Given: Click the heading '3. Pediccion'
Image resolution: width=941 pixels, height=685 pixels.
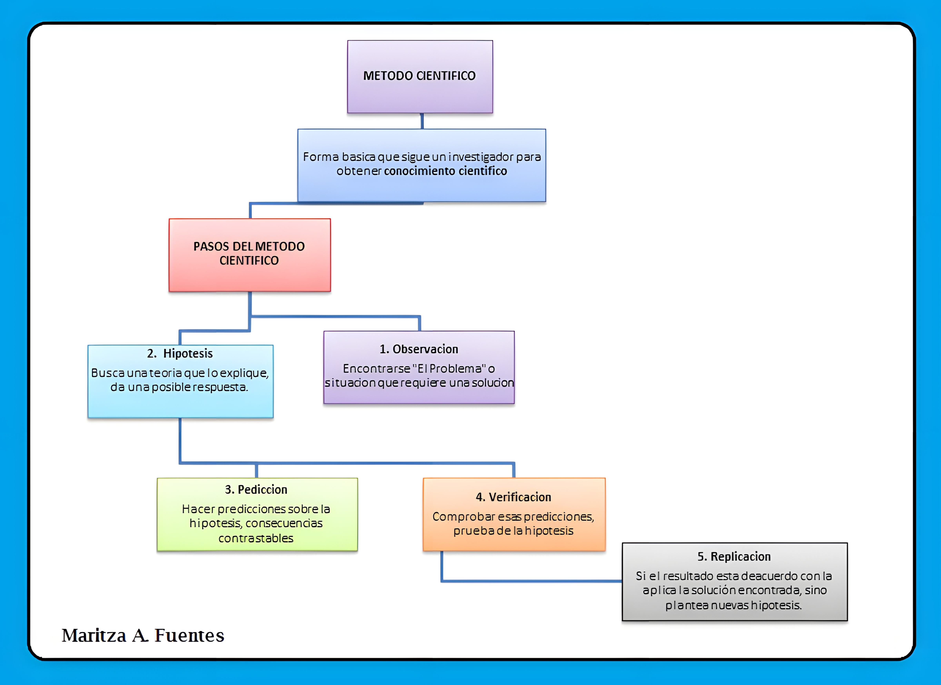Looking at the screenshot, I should [256, 490].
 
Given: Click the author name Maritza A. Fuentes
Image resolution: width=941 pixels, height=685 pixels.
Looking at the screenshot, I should [143, 635].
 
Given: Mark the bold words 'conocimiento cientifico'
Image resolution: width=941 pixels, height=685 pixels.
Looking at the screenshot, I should [445, 171].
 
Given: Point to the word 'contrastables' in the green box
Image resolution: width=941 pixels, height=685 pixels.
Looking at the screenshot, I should [256, 538].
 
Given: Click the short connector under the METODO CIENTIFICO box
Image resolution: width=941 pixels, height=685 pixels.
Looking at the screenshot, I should [422, 121].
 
